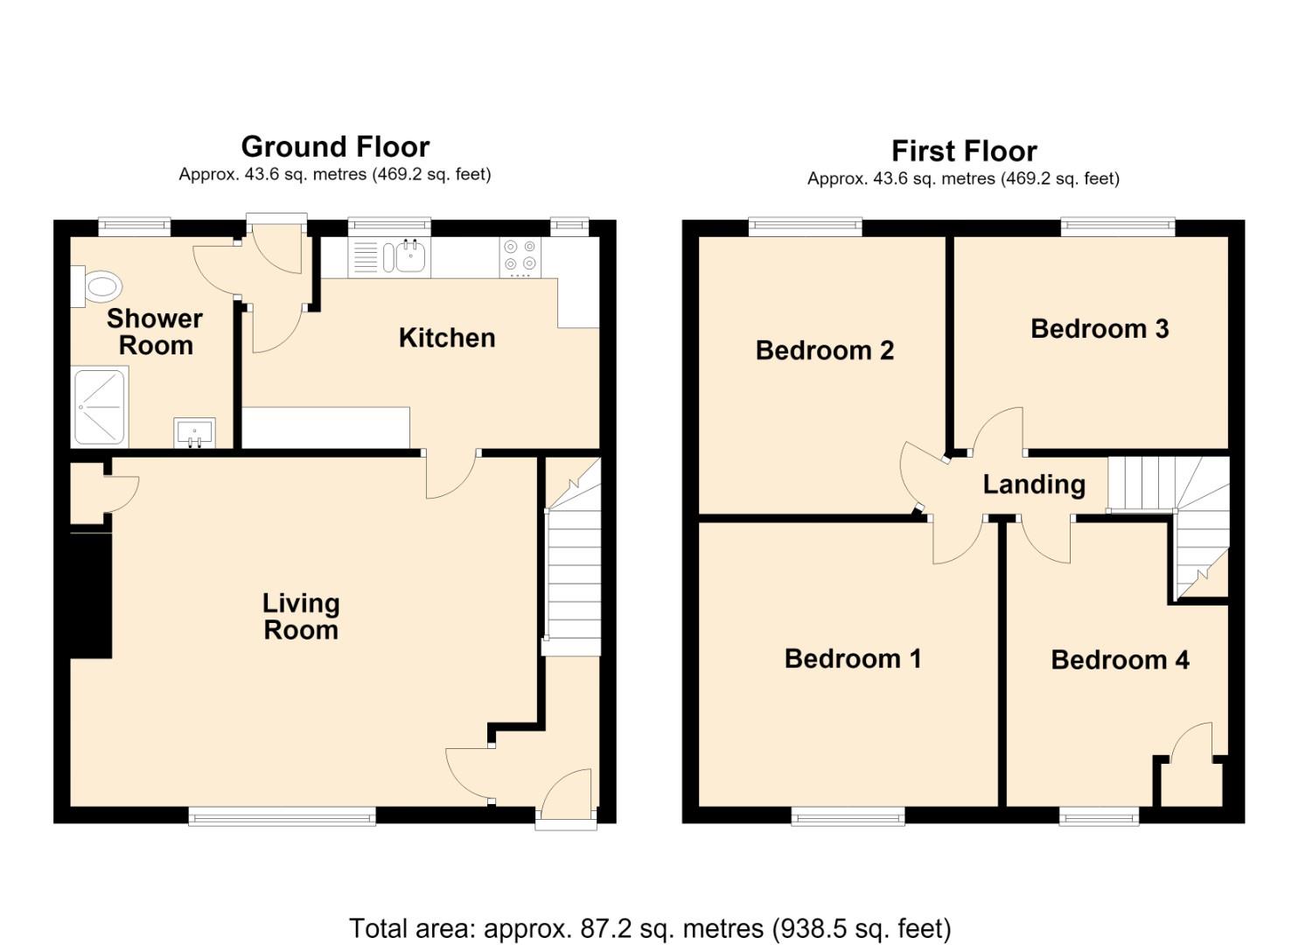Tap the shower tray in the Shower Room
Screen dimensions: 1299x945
[x=100, y=406]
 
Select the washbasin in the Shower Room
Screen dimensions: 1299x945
[x=194, y=433]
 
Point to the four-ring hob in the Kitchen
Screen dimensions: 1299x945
[x=520, y=257]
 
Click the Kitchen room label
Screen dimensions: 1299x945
[x=447, y=339]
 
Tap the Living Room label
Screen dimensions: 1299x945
[x=301, y=617]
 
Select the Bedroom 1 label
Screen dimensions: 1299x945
[x=853, y=659]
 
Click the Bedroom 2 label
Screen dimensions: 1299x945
[x=825, y=350]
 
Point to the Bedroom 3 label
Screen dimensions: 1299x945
[x=1100, y=329]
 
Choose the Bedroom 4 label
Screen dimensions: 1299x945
[x=1121, y=660]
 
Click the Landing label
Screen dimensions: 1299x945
[x=1034, y=485]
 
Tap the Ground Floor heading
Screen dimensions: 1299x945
[x=335, y=147]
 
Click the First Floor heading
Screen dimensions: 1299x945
[x=964, y=151]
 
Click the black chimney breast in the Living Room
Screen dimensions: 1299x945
[x=91, y=595]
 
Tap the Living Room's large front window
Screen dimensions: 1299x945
[x=282, y=817]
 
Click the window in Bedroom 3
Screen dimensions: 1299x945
[x=1117, y=227]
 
